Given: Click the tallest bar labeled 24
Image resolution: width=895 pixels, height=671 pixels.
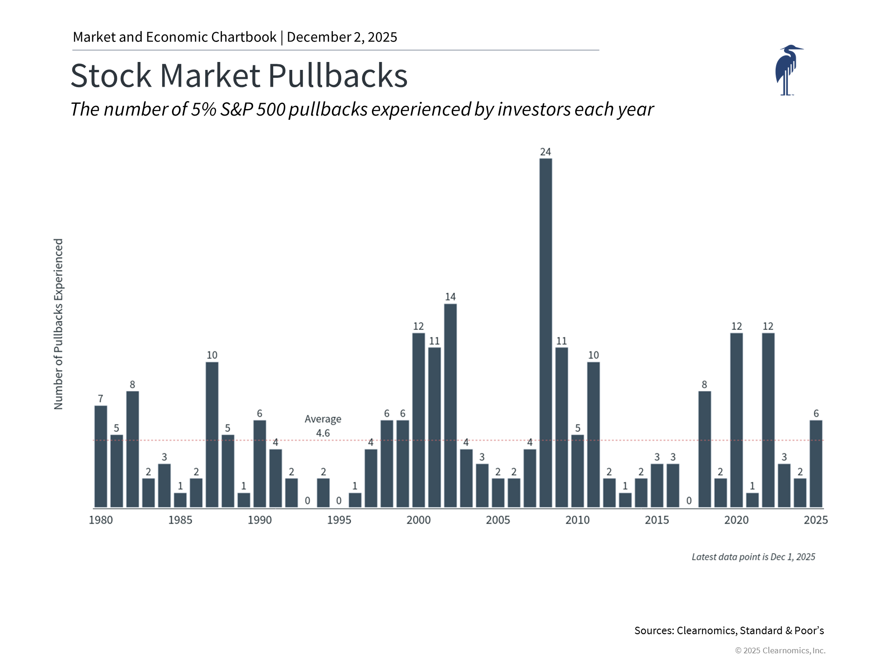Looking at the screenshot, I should point(545,333).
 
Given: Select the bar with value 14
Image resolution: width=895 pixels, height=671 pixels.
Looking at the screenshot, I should point(450,405).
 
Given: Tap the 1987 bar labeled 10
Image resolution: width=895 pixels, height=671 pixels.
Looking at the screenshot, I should point(212,434).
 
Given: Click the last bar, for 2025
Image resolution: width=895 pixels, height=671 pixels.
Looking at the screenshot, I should point(816,464).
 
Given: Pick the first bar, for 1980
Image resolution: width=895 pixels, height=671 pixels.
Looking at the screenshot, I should point(101,456).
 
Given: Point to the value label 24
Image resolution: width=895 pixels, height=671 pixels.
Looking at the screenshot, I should point(545,152).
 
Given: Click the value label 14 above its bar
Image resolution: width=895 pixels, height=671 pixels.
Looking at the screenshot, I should point(450,297).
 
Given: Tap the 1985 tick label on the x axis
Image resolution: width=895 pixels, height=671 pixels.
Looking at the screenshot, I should point(180,520).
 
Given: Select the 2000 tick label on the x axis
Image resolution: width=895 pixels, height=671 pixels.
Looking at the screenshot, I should point(419,520).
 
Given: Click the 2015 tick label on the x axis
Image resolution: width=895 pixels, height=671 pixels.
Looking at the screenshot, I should point(657,520).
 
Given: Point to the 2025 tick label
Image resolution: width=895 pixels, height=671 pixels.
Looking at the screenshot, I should point(816,520).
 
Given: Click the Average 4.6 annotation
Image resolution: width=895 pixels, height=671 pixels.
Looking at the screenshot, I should point(323,426).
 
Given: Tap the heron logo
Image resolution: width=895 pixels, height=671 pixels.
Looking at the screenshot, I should point(788,70).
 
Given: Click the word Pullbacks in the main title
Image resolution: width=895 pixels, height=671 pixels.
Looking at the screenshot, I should point(338,75).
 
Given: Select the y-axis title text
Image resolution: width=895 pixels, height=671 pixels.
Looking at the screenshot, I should point(58,324).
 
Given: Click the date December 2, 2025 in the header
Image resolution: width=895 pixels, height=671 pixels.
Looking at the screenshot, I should point(342,37).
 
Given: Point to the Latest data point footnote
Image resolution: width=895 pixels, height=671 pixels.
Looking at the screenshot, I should point(753,557).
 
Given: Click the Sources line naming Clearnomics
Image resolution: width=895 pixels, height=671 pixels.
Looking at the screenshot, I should point(729,630).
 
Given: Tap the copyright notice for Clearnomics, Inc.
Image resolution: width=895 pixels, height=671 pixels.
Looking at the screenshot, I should point(780,650).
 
